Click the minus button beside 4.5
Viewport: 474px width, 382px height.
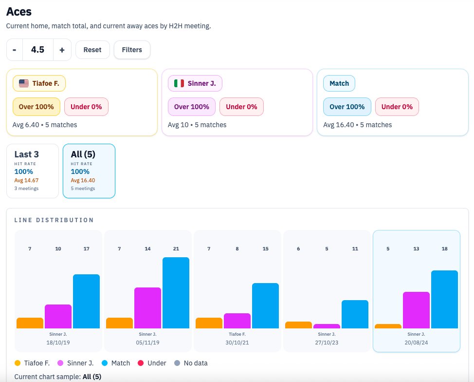click(15, 50)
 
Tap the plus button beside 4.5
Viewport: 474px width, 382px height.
click(62, 50)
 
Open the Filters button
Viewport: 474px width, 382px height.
click(132, 50)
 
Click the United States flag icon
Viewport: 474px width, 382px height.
click(24, 83)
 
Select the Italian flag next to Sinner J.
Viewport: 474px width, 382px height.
click(179, 83)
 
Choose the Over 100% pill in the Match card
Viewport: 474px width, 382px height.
click(346, 107)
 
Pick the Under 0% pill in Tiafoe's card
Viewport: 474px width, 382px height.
click(86, 107)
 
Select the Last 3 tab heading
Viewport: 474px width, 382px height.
click(26, 154)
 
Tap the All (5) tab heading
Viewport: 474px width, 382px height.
click(83, 154)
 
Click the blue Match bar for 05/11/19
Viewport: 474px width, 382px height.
click(176, 293)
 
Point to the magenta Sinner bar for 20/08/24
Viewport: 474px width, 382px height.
click(416, 310)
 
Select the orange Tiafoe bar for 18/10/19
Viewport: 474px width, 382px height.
click(30, 323)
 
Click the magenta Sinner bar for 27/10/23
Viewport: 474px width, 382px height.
click(327, 326)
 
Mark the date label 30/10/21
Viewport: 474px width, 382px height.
click(237, 343)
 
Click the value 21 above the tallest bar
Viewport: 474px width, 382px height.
click(176, 249)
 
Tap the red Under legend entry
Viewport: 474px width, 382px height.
click(153, 363)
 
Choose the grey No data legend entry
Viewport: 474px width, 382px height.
click(191, 363)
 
